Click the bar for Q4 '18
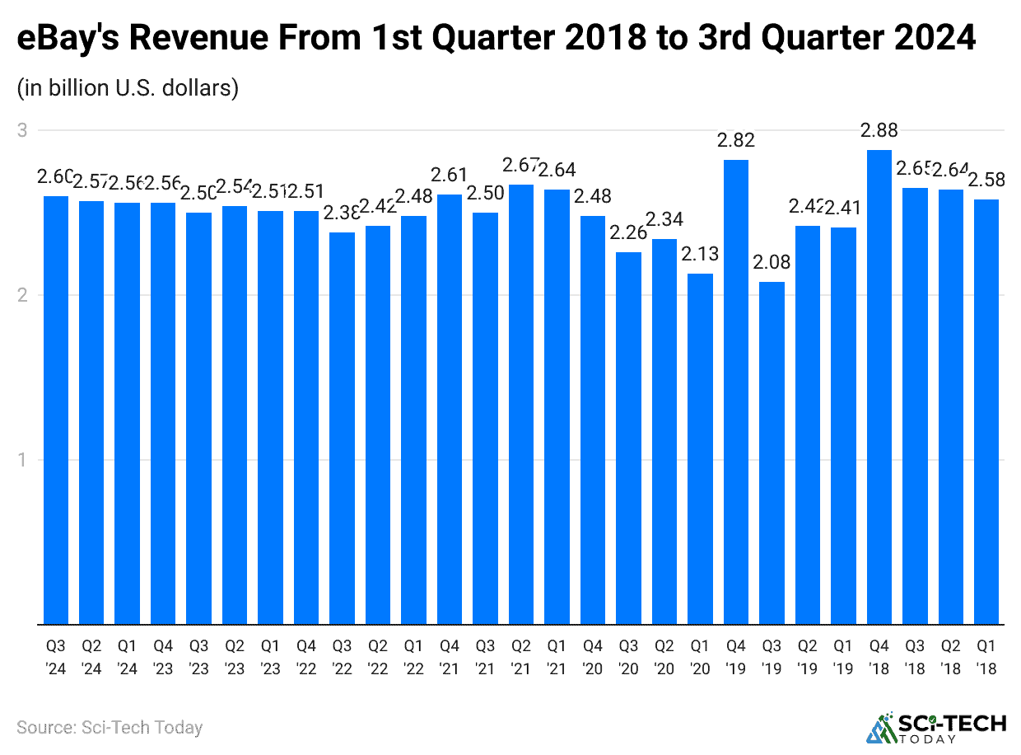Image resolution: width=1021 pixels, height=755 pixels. click(879, 387)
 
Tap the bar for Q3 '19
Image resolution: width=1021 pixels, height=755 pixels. click(772, 453)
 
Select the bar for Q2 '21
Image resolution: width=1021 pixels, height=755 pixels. click(521, 405)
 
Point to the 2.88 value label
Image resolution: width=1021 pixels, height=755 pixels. click(879, 130)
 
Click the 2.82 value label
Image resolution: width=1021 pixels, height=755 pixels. click(736, 140)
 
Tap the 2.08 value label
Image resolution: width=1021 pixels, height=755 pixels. click(772, 263)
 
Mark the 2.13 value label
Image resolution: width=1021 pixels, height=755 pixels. click(700, 254)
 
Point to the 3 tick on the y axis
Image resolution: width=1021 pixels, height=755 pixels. click(22, 130)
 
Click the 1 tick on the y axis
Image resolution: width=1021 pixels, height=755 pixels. click(22, 460)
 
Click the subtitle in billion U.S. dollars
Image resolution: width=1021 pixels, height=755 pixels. click(128, 87)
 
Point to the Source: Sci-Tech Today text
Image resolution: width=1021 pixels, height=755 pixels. click(110, 727)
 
